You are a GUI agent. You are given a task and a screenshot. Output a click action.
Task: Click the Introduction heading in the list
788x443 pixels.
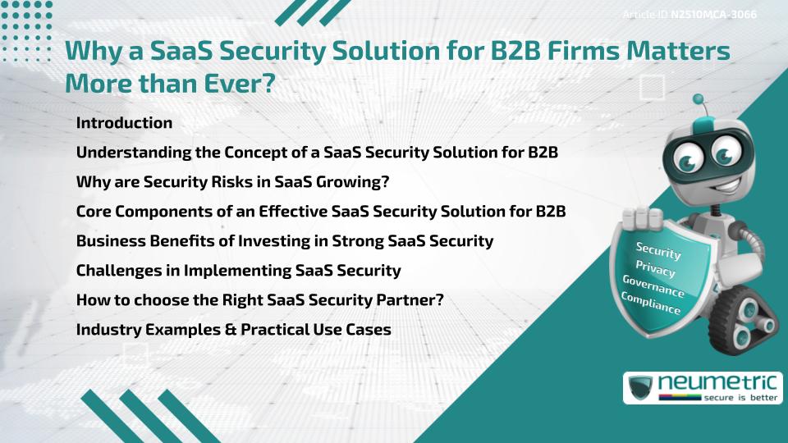124,123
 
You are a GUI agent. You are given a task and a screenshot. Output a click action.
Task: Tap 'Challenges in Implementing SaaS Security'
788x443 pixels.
238,270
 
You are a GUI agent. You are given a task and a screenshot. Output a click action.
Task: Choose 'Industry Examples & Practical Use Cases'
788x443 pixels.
233,329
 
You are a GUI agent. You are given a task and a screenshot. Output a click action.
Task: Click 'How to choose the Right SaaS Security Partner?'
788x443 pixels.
260,299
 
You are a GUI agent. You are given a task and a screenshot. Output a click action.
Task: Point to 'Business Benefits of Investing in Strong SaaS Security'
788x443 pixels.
285,240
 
